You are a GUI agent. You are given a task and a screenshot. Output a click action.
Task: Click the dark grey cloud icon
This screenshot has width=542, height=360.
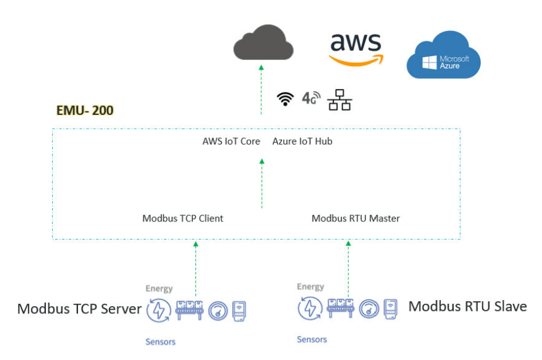pos(263,42)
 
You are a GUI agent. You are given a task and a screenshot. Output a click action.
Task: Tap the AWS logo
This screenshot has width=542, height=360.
pos(356,49)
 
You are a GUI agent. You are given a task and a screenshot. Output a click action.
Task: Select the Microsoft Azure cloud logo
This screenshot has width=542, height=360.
pos(443,54)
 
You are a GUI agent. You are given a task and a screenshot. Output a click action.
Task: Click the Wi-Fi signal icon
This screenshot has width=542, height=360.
pos(285,99)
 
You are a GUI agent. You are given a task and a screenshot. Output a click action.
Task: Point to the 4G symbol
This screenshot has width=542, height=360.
pos(311,98)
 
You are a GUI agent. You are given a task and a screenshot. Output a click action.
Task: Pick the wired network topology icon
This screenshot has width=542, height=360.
pos(340,100)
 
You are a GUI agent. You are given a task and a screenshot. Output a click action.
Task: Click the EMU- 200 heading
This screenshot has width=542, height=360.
pos(85,110)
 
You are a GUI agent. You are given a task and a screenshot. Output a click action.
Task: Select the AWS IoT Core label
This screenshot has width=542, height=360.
pos(231,141)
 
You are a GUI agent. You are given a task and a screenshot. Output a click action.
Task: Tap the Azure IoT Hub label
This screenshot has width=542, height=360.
pos(302,141)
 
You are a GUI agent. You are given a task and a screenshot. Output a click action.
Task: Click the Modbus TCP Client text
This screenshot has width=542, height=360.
pos(183,218)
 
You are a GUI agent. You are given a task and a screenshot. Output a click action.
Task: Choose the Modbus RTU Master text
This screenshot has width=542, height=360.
pos(356,218)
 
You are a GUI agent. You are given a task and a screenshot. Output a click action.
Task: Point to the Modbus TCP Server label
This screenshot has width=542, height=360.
pos(79,309)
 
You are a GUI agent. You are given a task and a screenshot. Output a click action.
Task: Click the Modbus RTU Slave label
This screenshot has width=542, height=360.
pos(468,306)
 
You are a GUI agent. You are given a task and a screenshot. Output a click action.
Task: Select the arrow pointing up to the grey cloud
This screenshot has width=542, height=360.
pos(261,90)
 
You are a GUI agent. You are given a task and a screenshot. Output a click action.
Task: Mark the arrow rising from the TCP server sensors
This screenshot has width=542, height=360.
pos(195,269)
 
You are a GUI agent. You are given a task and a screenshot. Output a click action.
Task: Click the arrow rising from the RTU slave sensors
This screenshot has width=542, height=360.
pos(348,269)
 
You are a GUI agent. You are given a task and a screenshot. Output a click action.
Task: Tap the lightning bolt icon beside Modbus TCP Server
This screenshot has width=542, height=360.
pos(158,310)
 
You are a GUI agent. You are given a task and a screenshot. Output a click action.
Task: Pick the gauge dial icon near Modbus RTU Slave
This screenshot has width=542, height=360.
pos(369,309)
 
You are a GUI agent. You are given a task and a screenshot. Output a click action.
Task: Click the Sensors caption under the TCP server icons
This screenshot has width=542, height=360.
pos(160,342)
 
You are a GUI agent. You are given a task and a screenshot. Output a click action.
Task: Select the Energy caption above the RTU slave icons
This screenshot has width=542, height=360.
pos(310,287)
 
